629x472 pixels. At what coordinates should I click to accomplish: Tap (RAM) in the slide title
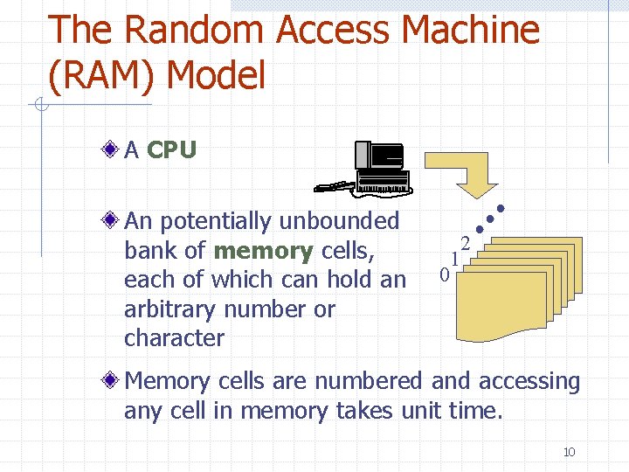(100, 76)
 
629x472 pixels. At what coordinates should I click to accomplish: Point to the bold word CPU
(171, 150)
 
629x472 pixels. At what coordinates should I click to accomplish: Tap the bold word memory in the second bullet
(263, 251)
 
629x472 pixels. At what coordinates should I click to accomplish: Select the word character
(175, 338)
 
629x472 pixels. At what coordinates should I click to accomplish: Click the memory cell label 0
(444, 275)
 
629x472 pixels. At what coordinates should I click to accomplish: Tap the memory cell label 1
(454, 260)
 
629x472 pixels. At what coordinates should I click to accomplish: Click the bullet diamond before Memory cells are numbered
(109, 381)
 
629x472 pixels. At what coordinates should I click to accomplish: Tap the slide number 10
(569, 452)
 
